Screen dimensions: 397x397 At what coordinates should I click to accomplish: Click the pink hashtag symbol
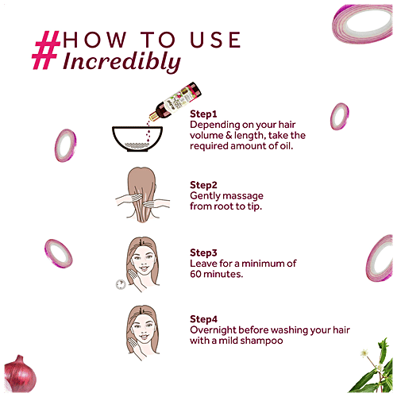[x=46, y=50]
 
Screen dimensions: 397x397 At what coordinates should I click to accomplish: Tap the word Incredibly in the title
[x=121, y=62]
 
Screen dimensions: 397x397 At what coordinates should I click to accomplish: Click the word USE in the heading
[x=215, y=40]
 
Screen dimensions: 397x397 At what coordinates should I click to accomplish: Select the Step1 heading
[x=203, y=114]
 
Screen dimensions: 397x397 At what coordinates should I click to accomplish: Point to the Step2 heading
[x=203, y=185]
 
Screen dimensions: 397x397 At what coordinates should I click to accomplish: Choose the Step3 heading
[x=203, y=252]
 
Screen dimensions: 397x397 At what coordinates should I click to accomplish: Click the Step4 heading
[x=203, y=319]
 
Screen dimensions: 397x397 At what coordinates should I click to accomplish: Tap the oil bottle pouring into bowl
[x=175, y=101]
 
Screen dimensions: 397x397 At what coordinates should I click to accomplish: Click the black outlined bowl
[x=137, y=139]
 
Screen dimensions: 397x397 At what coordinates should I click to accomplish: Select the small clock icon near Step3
[x=121, y=284]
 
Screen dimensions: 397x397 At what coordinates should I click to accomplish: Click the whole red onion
[x=20, y=374]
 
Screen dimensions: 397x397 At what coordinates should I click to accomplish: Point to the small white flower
[x=364, y=353]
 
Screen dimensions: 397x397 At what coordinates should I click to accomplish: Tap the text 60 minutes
[x=216, y=274]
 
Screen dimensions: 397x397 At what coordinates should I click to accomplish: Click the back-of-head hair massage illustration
[x=142, y=195]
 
